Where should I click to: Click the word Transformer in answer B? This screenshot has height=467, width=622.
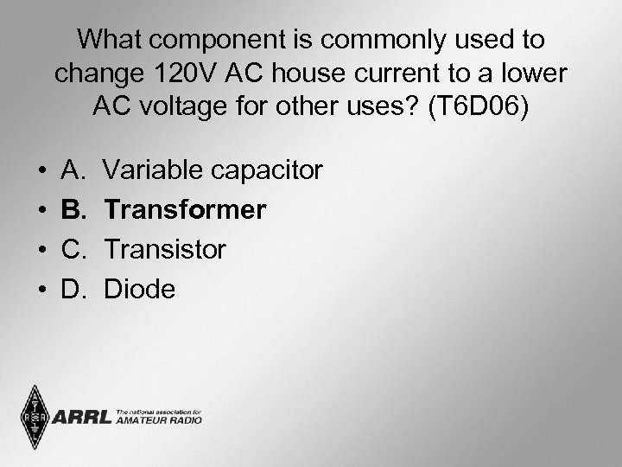185,210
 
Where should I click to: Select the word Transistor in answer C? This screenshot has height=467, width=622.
165,250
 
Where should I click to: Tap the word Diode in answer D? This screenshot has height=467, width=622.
139,290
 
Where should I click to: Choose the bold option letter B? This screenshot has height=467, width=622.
73,210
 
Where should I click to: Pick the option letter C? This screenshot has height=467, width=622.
73,250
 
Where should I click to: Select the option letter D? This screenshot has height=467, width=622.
73,290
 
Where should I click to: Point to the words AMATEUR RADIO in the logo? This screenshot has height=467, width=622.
159,420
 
